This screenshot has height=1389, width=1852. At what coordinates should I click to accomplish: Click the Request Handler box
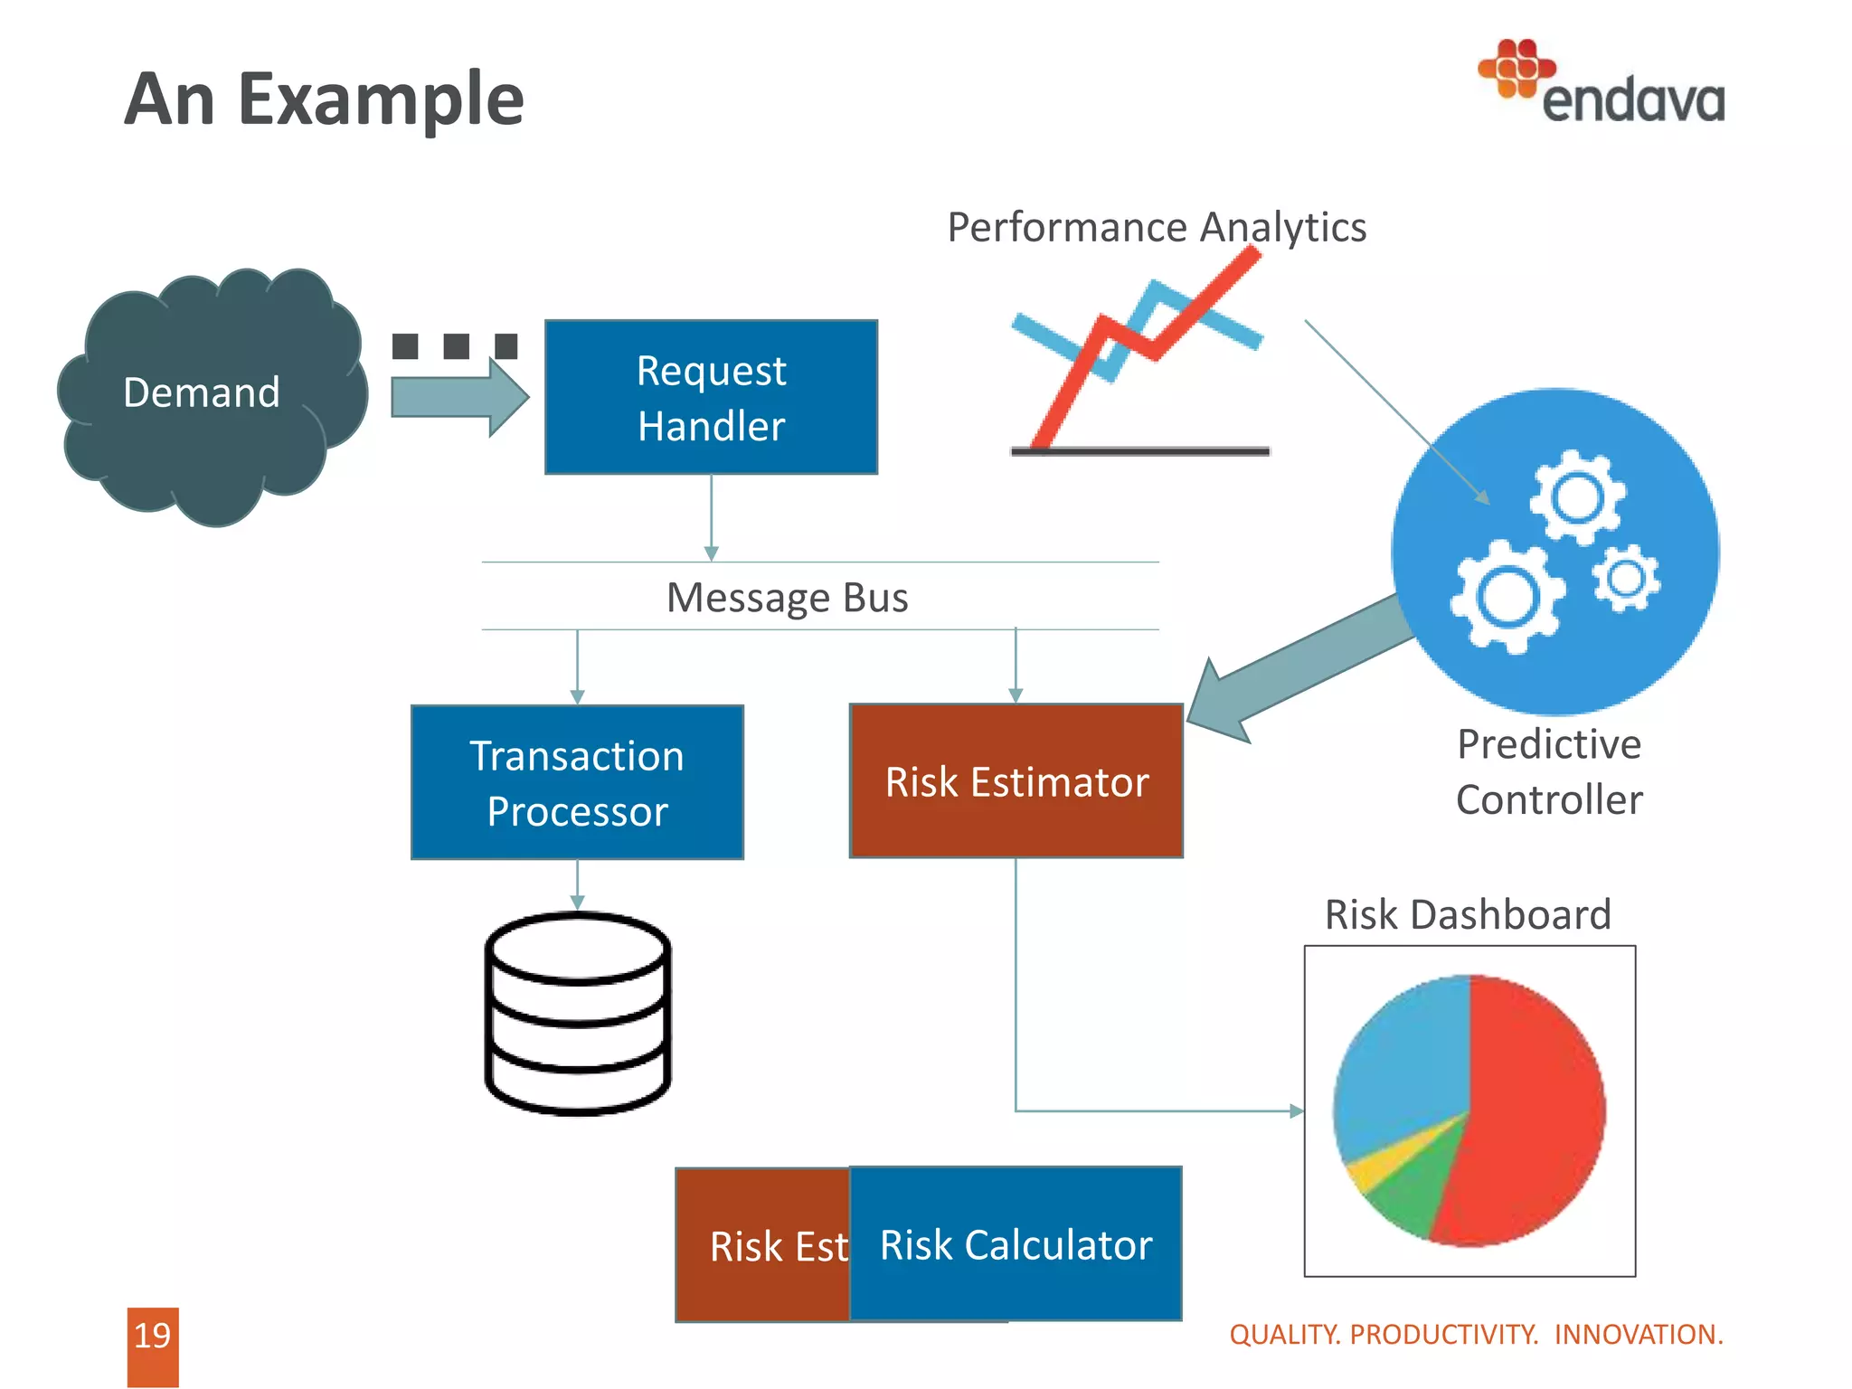click(x=711, y=397)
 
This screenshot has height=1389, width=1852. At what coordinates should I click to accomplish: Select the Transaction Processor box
click(x=577, y=782)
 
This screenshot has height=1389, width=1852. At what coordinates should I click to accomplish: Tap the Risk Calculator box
click(x=1016, y=1244)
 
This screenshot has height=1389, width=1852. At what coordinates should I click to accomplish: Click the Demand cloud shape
click(x=203, y=394)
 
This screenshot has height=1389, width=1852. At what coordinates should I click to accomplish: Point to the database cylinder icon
click(x=578, y=1013)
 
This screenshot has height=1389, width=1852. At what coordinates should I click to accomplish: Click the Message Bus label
click(x=787, y=598)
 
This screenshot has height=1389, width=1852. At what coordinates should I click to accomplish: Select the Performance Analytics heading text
click(x=1156, y=227)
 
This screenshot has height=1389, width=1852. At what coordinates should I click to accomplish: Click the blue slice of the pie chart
click(x=1402, y=1058)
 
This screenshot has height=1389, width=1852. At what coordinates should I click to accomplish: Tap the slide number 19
click(x=152, y=1336)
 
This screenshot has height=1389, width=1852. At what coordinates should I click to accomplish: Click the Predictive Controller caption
click(x=1549, y=772)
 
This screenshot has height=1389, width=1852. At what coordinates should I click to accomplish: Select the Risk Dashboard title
click(x=1468, y=914)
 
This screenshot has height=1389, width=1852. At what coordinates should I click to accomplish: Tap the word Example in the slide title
click(x=381, y=99)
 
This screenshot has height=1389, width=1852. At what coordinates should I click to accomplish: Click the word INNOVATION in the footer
click(x=1638, y=1335)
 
